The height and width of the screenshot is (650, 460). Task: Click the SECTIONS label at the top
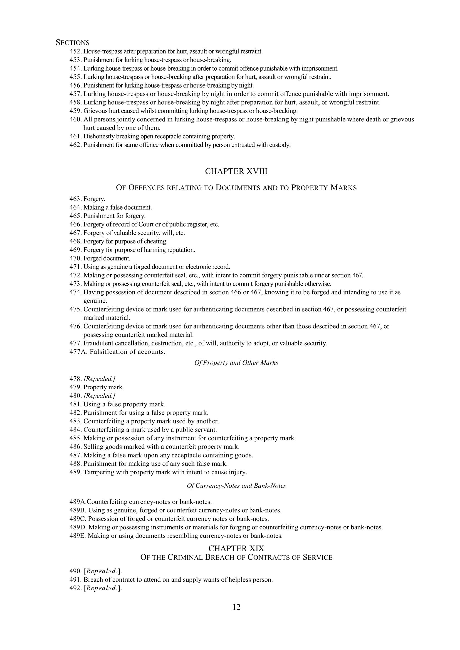[x=73, y=43]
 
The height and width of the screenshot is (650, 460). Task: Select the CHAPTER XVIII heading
[x=236, y=171]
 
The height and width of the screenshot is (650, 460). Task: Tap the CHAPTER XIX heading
[x=236, y=549]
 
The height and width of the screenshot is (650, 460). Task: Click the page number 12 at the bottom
[x=236, y=607]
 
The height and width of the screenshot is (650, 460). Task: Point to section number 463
[x=75, y=199]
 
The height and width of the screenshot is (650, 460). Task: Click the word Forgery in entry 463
[x=94, y=199]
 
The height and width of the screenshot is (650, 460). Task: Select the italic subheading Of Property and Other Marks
[x=236, y=363]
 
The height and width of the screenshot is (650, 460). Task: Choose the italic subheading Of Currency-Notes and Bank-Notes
[x=236, y=486]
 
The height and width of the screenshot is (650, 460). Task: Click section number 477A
[x=78, y=352]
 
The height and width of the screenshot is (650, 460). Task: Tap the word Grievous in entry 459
[x=94, y=111]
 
